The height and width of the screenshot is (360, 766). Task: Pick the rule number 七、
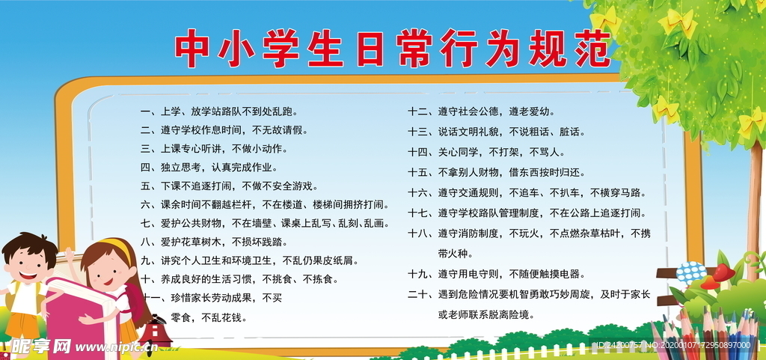(146, 223)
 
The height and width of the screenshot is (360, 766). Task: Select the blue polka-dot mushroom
(690, 272)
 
